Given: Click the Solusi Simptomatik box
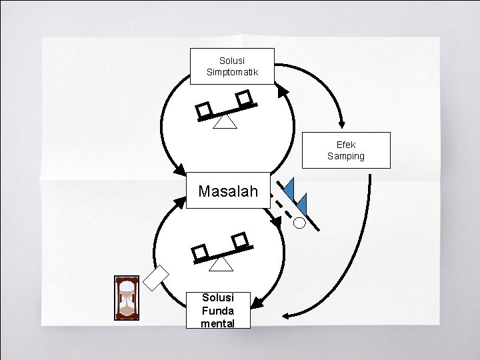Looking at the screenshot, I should [x=232, y=66].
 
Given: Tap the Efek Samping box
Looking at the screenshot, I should [x=346, y=150].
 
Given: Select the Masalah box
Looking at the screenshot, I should [x=228, y=191].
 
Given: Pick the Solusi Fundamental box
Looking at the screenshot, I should [x=218, y=310].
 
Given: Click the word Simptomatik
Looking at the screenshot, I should [x=232, y=72].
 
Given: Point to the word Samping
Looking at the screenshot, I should [x=346, y=156].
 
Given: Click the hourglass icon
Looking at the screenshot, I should [x=127, y=297].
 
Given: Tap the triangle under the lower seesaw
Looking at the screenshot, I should [x=221, y=264].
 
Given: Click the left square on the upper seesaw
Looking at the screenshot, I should [x=205, y=110].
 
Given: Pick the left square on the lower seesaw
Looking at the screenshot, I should [x=199, y=252].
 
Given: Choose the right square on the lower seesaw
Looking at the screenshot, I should [x=240, y=239].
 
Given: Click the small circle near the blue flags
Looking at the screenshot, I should [x=299, y=223].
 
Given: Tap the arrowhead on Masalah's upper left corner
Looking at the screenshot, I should [x=179, y=169].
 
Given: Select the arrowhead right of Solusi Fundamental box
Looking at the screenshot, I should [x=257, y=303].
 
